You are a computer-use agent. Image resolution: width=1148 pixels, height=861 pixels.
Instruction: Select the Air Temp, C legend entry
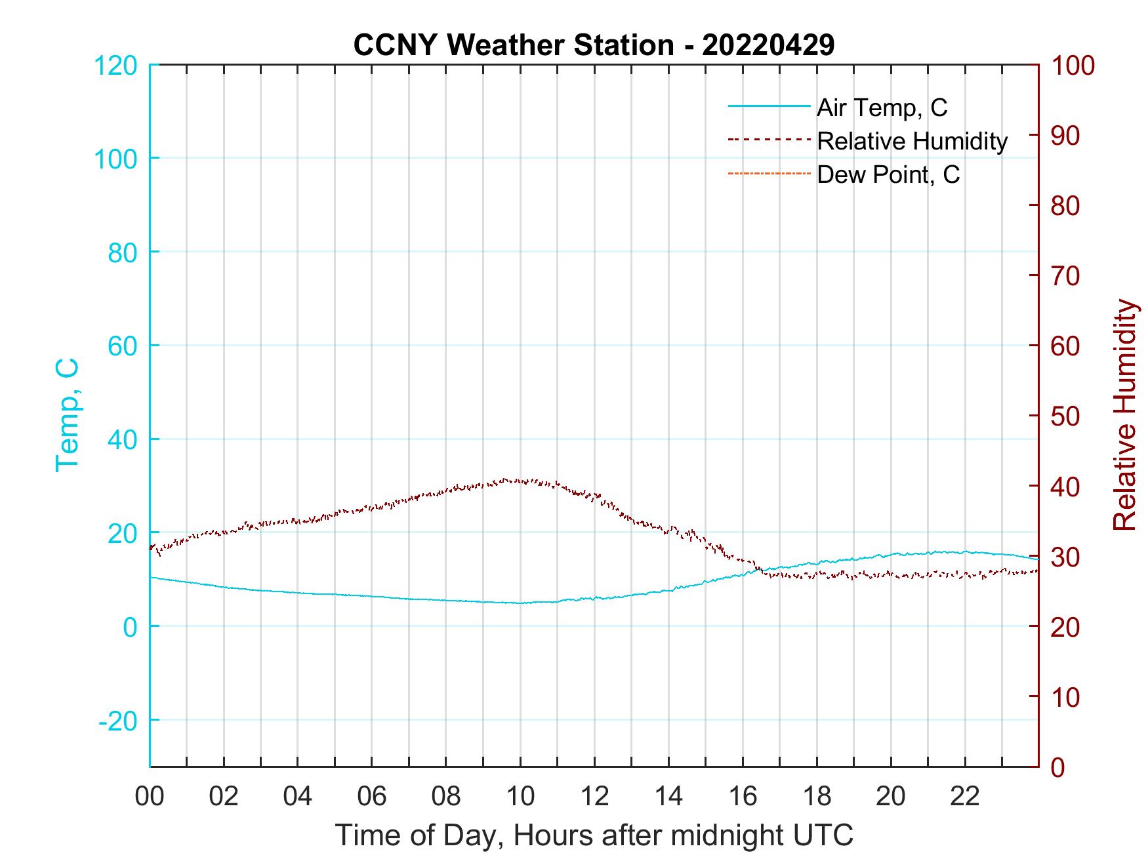coord(882,108)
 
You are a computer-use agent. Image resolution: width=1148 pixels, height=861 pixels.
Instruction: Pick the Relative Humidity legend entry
coord(912,141)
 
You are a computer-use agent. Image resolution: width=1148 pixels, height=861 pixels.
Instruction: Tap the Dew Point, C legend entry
coord(888,174)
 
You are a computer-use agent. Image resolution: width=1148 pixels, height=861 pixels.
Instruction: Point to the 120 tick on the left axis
coord(115,66)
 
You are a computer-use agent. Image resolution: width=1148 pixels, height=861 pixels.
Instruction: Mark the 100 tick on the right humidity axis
coord(1073,66)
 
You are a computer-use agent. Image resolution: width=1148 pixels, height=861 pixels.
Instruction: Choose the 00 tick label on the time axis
coord(150,797)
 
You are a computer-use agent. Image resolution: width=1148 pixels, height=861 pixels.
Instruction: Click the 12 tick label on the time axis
coord(594,797)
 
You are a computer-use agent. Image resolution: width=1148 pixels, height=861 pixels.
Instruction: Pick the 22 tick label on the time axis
coord(965,797)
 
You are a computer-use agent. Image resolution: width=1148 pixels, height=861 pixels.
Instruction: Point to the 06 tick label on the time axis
coord(372,797)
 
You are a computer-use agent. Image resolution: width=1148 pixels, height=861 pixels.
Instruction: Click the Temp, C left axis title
coord(67,414)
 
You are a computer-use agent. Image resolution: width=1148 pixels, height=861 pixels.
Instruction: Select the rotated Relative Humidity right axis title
coord(1124,414)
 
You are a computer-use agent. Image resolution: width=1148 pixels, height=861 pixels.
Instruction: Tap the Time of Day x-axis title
coord(594,835)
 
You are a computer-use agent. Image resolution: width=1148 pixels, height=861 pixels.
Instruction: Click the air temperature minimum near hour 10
coord(520,603)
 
